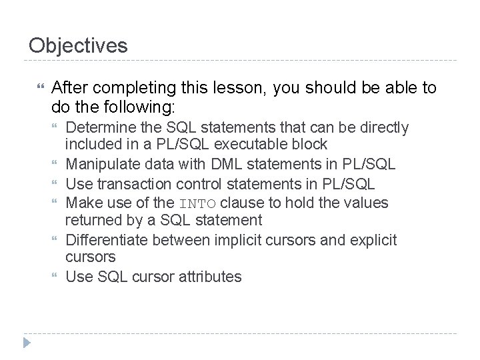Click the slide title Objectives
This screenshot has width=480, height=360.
pyautogui.click(x=78, y=45)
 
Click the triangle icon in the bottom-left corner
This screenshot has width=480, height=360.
pyautogui.click(x=27, y=343)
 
